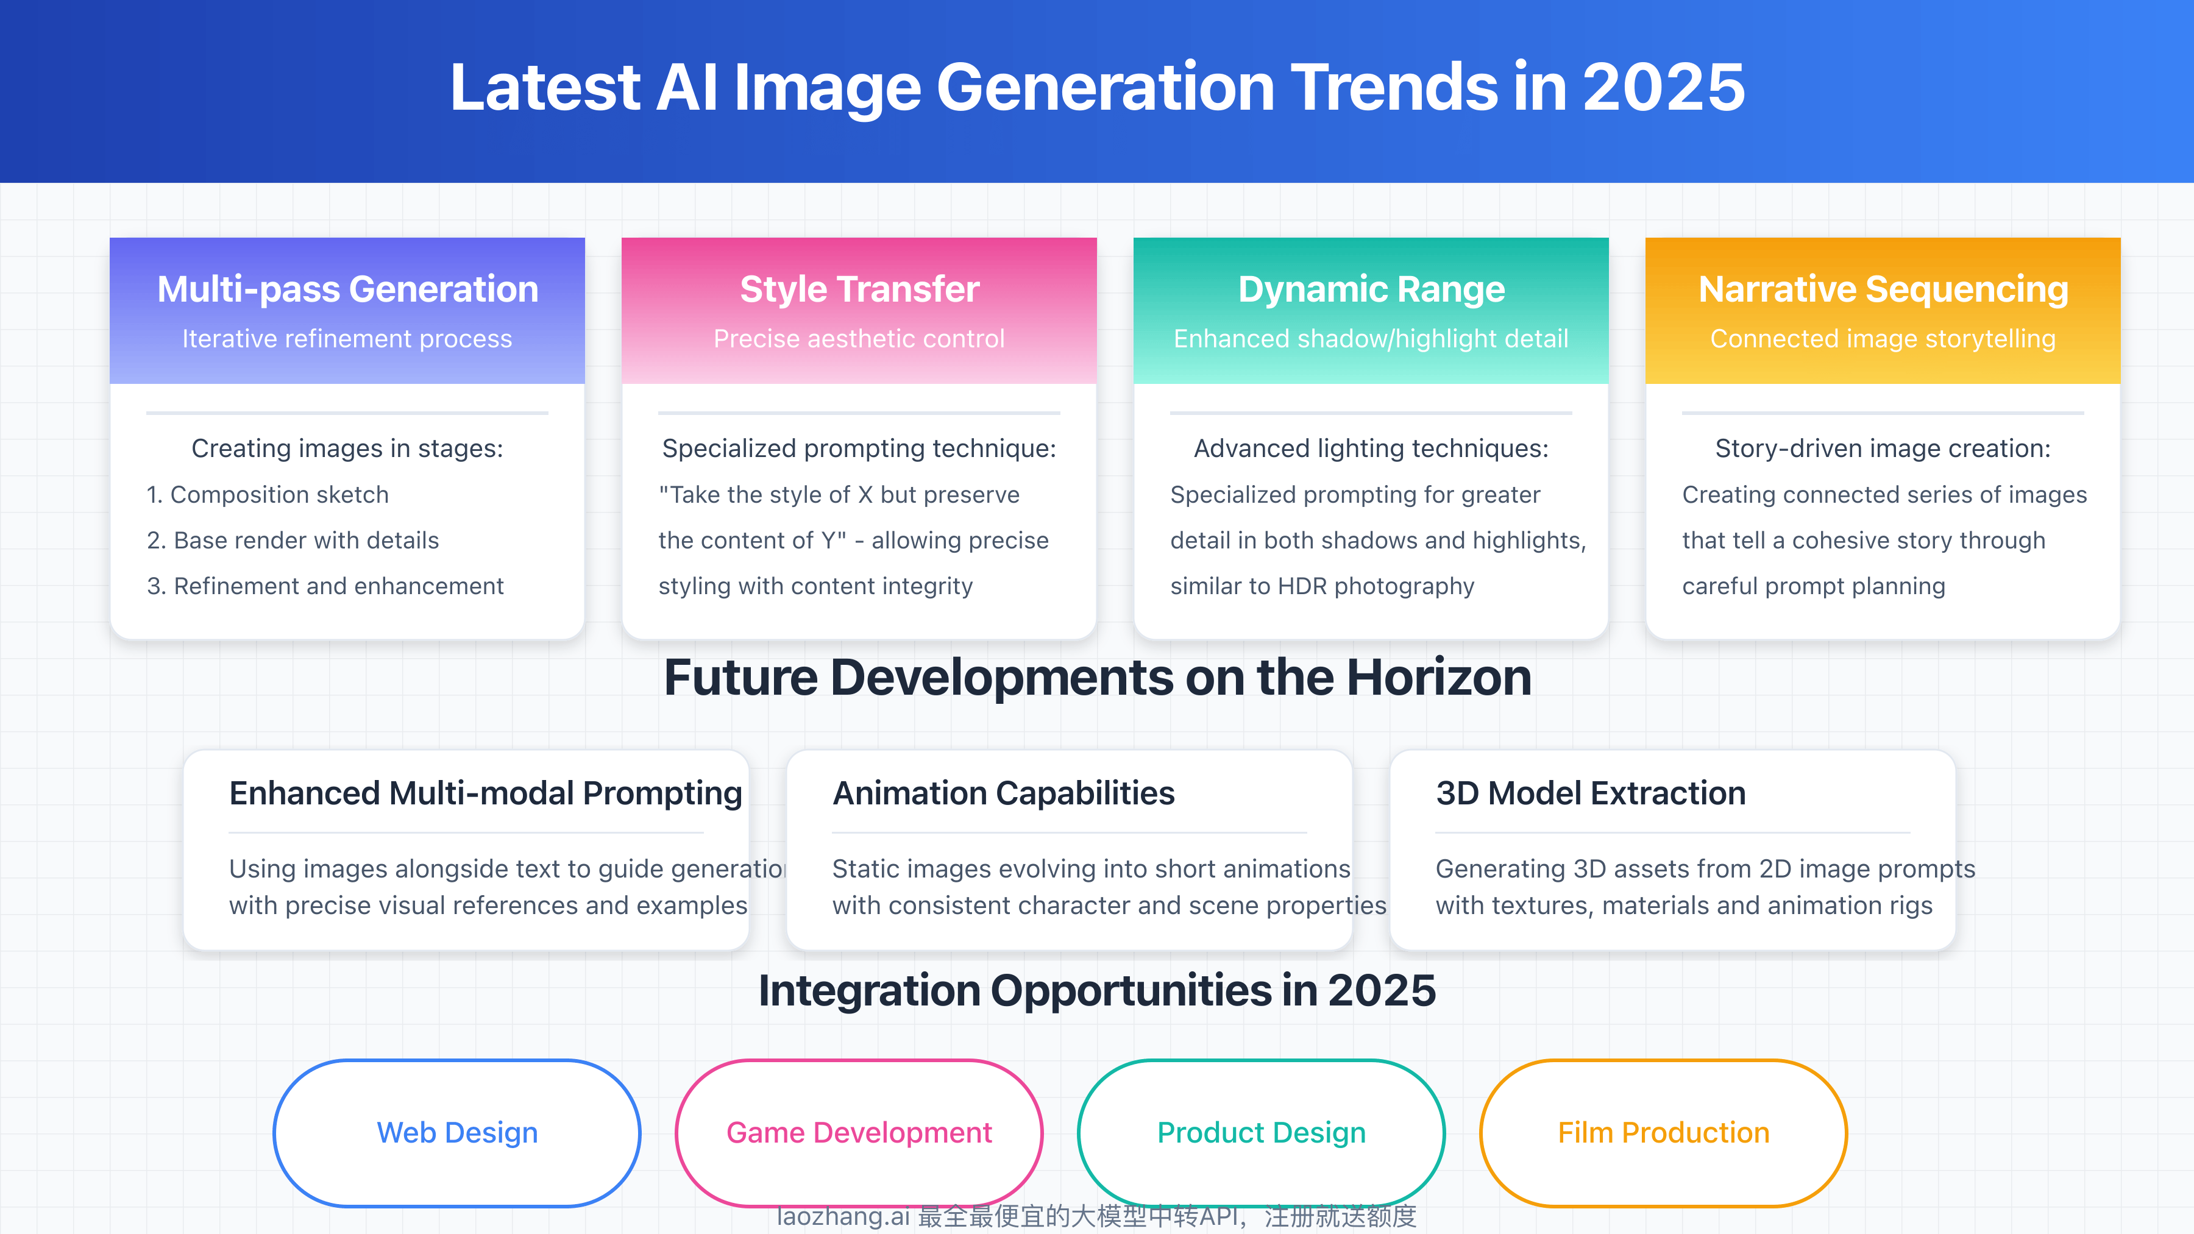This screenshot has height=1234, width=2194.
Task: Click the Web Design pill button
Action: coord(456,1133)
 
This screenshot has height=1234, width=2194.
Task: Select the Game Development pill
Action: coord(859,1133)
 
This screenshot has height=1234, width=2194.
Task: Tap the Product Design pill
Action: coord(1262,1133)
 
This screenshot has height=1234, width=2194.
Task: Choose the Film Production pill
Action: coord(1663,1133)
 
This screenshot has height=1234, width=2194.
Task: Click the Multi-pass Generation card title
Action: coord(347,289)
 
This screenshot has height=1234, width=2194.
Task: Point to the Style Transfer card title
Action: coord(859,289)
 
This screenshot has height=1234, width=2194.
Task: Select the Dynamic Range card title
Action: coord(1371,289)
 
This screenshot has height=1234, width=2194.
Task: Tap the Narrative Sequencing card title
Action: coord(1883,289)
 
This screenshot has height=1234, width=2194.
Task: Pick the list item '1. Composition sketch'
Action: coord(268,495)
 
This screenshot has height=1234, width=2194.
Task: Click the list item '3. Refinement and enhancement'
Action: coord(325,586)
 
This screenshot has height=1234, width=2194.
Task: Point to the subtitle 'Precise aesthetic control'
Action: coord(859,339)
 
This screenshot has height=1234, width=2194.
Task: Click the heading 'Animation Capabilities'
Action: coord(1003,793)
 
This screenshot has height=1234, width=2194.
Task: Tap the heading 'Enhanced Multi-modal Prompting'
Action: coord(486,793)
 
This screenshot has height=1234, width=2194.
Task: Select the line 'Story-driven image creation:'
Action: coord(1883,449)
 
